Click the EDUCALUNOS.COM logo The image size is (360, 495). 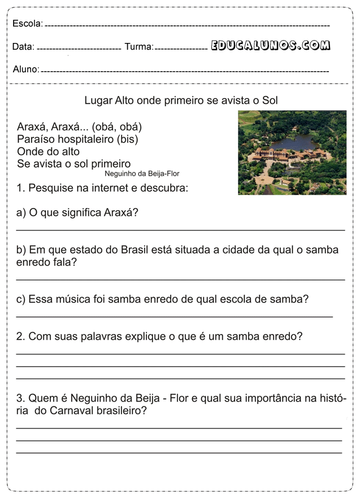[x=271, y=46]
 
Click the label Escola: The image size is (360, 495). [x=27, y=23]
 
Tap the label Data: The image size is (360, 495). [x=23, y=47]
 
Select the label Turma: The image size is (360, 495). [x=138, y=47]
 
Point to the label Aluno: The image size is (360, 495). [x=26, y=70]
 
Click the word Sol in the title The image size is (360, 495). [x=270, y=101]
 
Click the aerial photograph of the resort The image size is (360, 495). [x=292, y=153]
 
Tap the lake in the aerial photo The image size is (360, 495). [x=299, y=141]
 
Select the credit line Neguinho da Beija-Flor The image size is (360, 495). [x=142, y=174]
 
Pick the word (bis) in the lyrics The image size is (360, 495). [x=127, y=139]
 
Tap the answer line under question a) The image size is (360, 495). [x=180, y=230]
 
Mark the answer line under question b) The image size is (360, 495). [x=180, y=280]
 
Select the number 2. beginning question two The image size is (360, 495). [x=21, y=337]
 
